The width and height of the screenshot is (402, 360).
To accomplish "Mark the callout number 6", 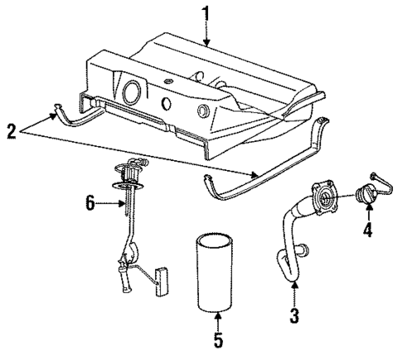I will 90,202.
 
